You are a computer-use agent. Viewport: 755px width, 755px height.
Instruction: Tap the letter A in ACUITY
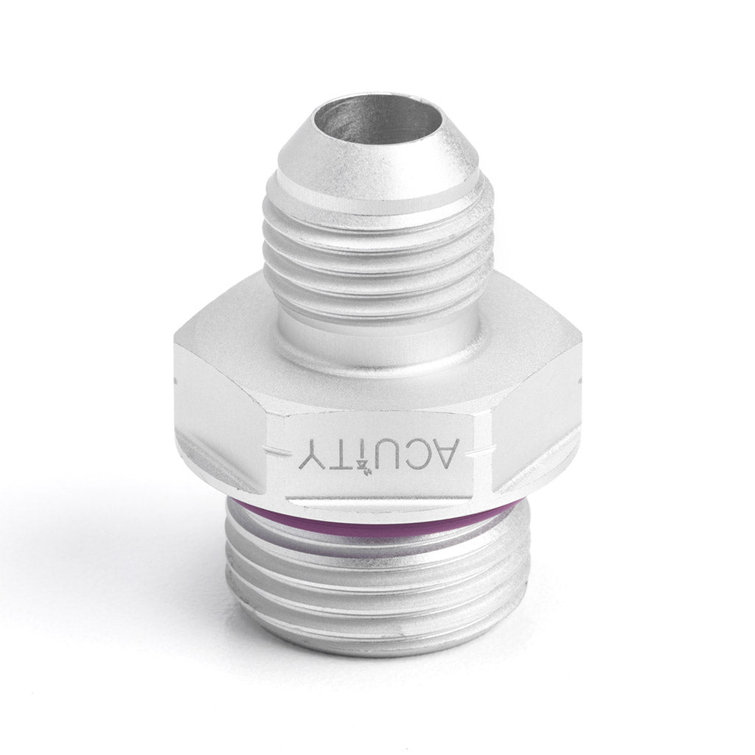464,447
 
